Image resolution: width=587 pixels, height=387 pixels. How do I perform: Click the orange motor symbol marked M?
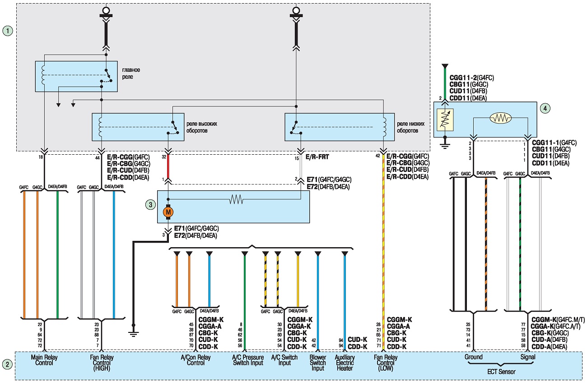click(x=168, y=212)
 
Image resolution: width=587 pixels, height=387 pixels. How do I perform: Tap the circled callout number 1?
click(x=8, y=31)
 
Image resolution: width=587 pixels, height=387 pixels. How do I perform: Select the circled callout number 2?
click(x=7, y=364)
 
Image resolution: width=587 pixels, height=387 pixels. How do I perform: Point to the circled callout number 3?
click(x=150, y=204)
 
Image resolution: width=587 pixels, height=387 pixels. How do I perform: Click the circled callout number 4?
click(x=545, y=108)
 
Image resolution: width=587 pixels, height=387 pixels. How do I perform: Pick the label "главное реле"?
click(x=131, y=74)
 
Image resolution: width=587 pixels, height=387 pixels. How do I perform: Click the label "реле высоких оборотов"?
click(x=202, y=127)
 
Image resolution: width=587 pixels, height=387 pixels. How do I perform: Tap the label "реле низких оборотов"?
click(x=410, y=127)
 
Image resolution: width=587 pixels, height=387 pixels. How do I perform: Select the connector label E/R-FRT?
click(x=317, y=157)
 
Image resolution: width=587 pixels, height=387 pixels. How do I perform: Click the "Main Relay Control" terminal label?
click(x=44, y=360)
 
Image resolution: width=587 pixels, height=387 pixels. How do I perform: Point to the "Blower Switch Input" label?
click(x=318, y=363)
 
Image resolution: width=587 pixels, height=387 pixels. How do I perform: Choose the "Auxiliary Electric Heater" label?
click(x=345, y=363)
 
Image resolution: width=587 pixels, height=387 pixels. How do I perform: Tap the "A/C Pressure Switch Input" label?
click(x=248, y=360)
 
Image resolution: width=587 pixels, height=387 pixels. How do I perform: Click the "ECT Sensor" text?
click(x=501, y=372)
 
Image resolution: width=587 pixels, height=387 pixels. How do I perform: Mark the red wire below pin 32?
click(x=168, y=166)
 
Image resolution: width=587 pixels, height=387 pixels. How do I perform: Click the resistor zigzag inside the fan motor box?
click(x=236, y=200)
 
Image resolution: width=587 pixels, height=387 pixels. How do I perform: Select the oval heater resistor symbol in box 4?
click(x=500, y=118)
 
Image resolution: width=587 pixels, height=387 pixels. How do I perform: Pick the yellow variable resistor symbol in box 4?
click(x=445, y=120)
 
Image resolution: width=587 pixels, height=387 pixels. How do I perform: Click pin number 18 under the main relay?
click(x=41, y=157)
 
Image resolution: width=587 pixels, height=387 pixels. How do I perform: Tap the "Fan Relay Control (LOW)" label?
click(x=386, y=363)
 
